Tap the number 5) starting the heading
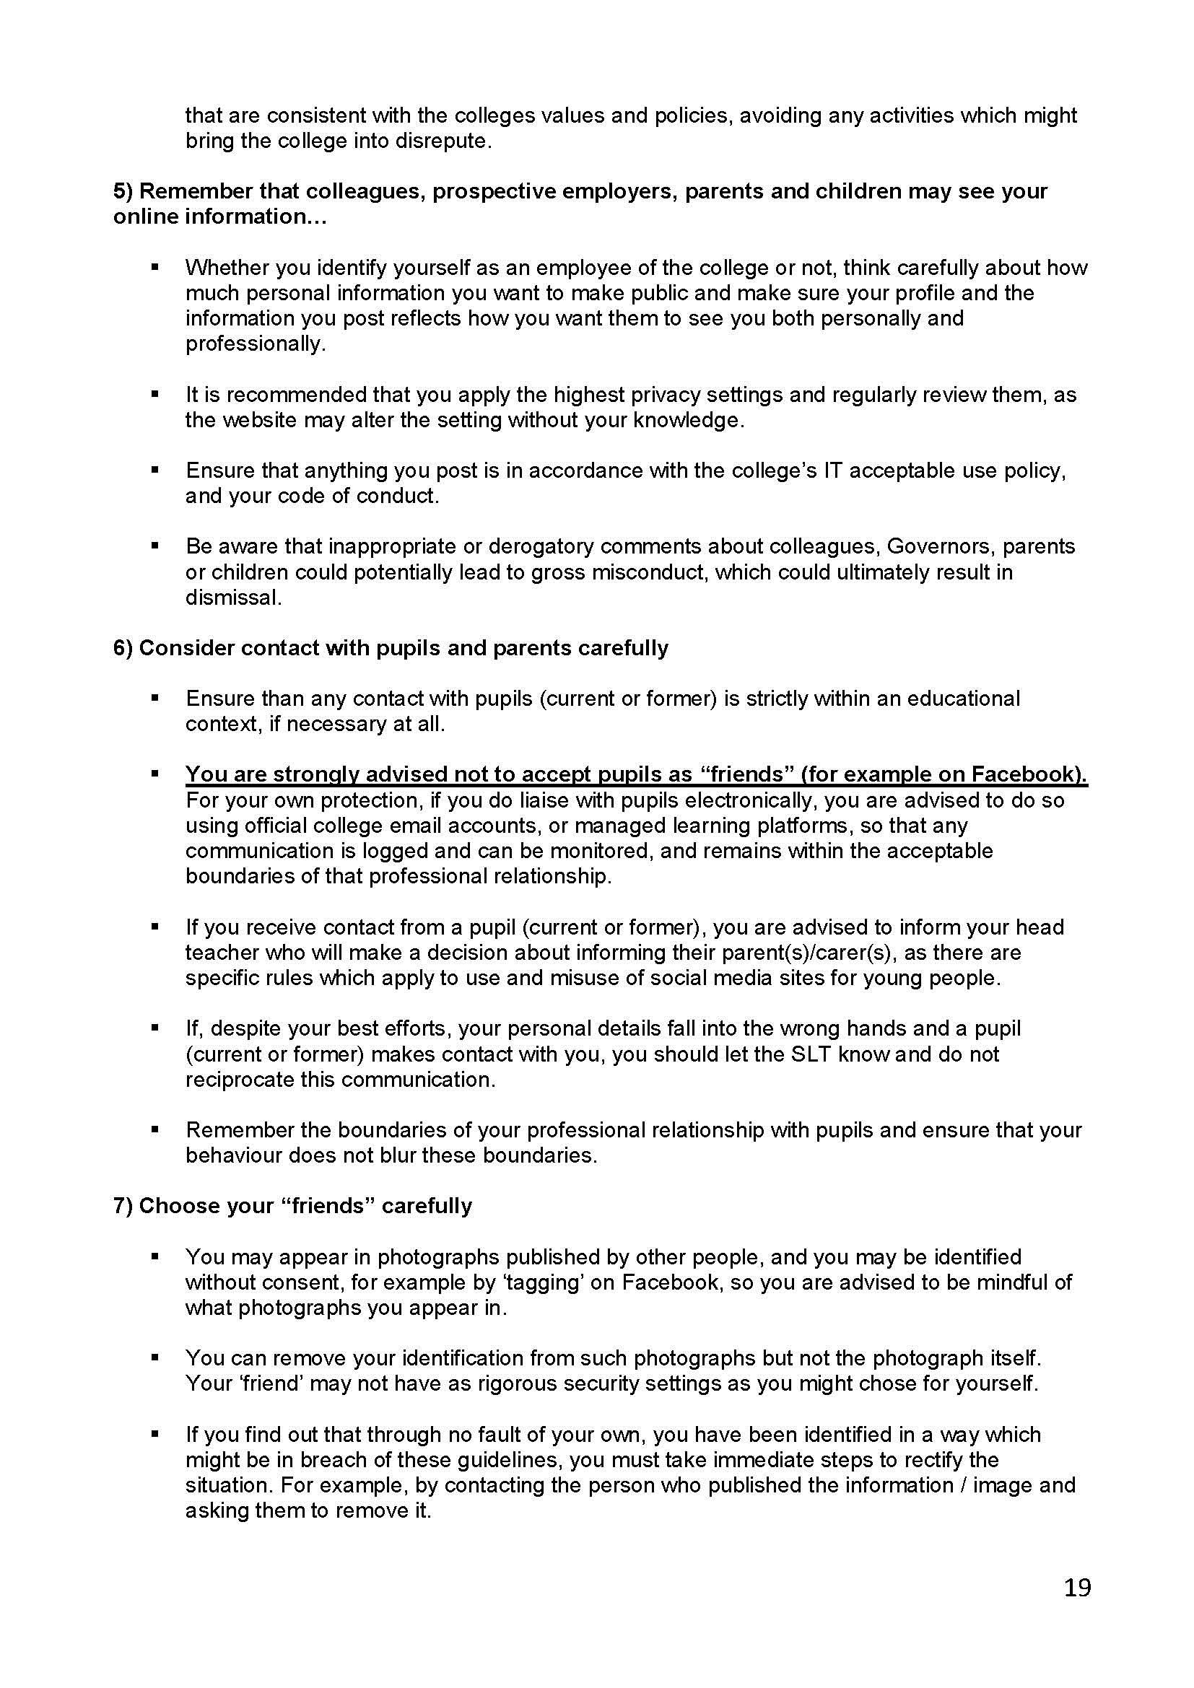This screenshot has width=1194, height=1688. [123, 191]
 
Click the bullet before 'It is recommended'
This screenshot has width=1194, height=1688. [154, 395]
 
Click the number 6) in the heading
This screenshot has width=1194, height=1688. [123, 649]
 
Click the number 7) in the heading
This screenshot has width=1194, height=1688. [123, 1207]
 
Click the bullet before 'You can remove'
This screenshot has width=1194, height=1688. [154, 1358]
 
